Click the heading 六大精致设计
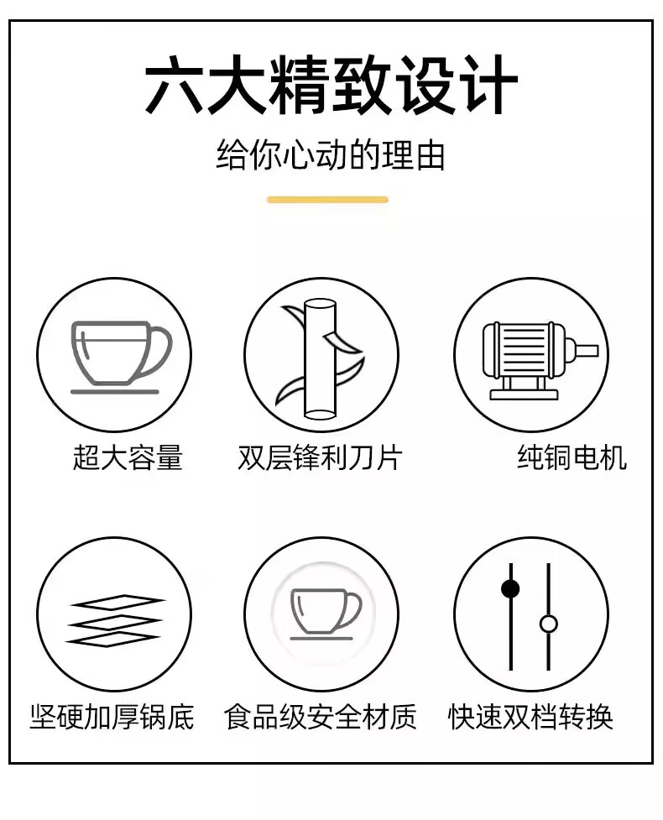coord(331,85)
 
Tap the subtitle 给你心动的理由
coord(331,154)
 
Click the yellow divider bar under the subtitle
coord(328,199)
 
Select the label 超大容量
coord(128,457)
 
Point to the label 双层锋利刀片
coord(320,457)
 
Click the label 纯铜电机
coord(572,457)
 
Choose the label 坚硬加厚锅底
coord(112,717)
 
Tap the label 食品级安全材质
coord(320,717)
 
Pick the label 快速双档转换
coord(530,717)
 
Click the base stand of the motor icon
coord(524,389)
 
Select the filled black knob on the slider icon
coord(510,589)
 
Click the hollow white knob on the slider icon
coord(549,624)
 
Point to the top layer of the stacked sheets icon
coord(118,603)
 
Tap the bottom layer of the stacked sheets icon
coord(112,639)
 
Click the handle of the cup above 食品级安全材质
coord(353,609)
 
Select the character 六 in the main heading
coord(174,85)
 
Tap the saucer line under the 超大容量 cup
coord(114,392)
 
